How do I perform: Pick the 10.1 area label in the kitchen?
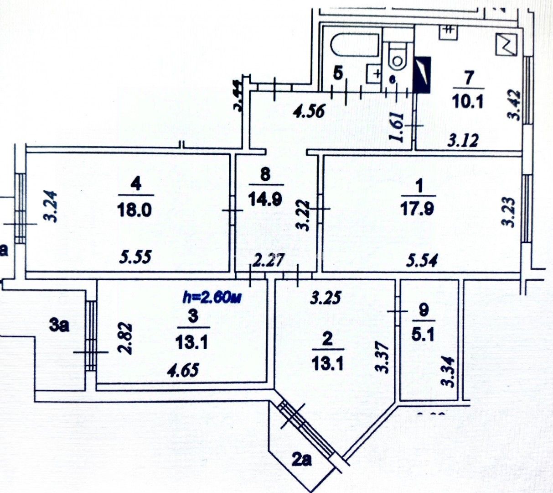(x=469, y=99)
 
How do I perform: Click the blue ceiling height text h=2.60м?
(x=211, y=297)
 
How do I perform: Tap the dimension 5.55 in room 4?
(x=135, y=257)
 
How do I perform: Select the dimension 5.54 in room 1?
(x=422, y=261)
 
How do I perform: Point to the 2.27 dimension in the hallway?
(x=269, y=261)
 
